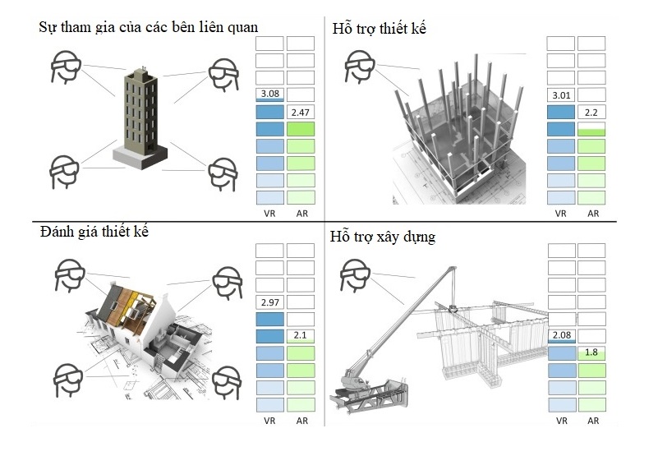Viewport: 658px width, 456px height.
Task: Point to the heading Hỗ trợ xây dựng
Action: [382, 237]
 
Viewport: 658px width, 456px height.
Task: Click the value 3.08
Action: [269, 94]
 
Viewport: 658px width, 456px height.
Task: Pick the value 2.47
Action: [301, 112]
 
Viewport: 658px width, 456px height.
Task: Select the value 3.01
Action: [561, 95]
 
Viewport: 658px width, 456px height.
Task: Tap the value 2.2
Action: [591, 112]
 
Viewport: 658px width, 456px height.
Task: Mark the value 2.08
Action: [561, 336]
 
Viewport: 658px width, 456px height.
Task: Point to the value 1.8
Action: [591, 352]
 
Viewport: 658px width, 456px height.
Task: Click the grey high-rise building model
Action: [141, 115]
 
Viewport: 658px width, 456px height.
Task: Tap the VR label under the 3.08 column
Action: [269, 213]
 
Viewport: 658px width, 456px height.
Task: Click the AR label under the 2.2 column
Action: [591, 213]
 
